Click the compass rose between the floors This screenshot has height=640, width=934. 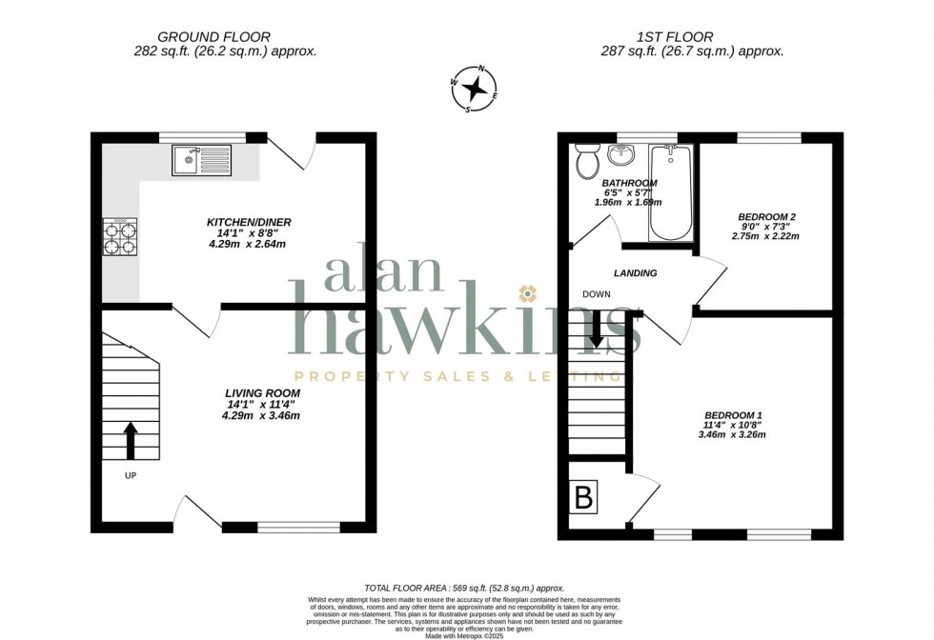click(x=475, y=89)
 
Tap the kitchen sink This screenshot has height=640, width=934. click(x=202, y=160)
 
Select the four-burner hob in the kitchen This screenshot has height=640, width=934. click(x=120, y=235)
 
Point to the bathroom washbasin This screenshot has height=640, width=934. click(x=626, y=152)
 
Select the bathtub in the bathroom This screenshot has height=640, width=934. click(x=671, y=190)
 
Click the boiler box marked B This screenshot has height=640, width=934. click(x=582, y=497)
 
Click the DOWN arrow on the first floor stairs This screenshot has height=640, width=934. click(x=596, y=331)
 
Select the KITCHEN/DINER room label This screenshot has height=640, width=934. click(x=249, y=222)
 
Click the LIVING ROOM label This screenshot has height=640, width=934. click(x=262, y=392)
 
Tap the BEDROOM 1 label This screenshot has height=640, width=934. click(x=733, y=414)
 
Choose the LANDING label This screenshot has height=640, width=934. click(x=636, y=273)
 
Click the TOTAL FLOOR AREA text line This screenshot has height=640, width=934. click(x=464, y=589)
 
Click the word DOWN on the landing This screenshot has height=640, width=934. click(x=598, y=294)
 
